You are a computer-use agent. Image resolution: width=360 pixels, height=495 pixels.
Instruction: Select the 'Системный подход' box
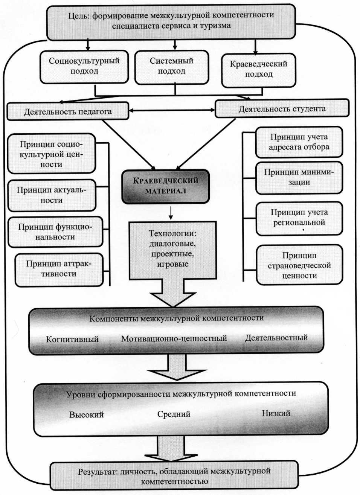point(171,66)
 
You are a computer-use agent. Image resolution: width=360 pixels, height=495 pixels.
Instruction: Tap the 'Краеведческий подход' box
point(259,69)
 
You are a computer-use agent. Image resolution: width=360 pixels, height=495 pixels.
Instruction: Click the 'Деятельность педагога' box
point(68,111)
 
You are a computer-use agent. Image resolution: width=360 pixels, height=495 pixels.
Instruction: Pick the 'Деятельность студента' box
point(282,109)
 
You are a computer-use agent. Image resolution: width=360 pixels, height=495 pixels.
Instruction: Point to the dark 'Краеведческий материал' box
point(165,186)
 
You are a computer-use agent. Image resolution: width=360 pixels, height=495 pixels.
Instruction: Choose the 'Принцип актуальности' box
point(52,195)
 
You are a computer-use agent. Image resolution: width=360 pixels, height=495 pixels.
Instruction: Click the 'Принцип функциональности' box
point(55,232)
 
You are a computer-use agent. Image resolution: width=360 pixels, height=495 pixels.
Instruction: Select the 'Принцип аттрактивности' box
point(59,269)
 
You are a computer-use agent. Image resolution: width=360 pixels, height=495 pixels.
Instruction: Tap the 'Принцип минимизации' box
point(299,177)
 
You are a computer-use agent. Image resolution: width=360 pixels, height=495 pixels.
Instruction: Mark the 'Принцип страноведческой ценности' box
point(299,265)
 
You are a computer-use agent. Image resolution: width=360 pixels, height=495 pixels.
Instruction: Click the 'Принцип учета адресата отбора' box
point(299,142)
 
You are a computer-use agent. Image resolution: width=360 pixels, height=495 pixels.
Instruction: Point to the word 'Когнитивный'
point(72,339)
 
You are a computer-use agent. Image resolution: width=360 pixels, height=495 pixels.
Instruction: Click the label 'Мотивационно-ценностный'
point(174,338)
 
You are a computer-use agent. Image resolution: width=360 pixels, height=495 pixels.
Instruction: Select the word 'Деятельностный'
point(276,338)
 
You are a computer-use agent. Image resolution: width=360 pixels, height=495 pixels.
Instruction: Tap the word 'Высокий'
point(86,415)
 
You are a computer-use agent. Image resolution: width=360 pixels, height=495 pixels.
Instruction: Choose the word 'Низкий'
point(276,413)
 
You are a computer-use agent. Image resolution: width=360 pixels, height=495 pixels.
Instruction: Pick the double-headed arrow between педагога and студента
point(172,110)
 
